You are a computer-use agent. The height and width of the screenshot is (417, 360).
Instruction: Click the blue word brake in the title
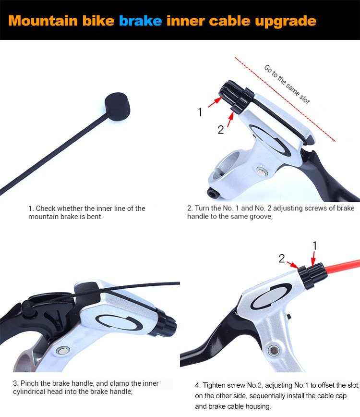(x=140, y=21)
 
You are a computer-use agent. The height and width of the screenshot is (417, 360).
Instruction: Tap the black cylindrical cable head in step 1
(x=117, y=106)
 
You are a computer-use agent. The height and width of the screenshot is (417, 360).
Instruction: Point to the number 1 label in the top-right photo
(x=200, y=112)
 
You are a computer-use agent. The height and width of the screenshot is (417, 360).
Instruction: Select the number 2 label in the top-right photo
(x=220, y=130)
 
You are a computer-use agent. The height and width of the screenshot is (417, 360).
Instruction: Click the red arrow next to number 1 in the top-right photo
(x=215, y=102)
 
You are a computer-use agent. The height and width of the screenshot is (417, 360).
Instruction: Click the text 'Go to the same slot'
(x=287, y=84)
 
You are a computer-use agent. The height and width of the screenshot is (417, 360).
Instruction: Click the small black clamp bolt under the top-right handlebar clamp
(x=212, y=192)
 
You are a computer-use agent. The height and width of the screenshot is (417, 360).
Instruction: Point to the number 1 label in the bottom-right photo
(x=314, y=246)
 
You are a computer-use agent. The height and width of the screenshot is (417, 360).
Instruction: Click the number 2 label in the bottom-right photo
(x=282, y=258)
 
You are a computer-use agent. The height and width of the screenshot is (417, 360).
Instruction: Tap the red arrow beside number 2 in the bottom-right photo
(x=293, y=265)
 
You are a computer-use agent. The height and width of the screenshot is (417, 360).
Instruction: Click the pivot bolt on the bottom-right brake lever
(x=274, y=350)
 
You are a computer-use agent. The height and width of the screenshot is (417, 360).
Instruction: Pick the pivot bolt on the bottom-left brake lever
(x=63, y=351)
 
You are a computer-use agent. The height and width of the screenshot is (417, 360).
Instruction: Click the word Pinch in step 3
(x=30, y=383)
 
